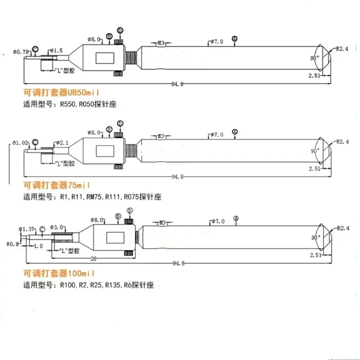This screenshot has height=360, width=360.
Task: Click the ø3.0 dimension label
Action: point(57,227)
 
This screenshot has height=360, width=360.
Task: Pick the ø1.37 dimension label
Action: point(26,229)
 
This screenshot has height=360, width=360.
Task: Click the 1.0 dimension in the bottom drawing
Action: point(38,246)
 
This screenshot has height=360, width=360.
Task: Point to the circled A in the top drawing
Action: point(234,39)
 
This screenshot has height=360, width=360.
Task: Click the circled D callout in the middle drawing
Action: point(120,123)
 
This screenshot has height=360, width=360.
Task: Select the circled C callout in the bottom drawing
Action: point(42,229)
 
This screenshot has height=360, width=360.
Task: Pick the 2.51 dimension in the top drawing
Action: point(314,76)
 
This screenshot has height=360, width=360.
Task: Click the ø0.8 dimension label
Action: point(12,244)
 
